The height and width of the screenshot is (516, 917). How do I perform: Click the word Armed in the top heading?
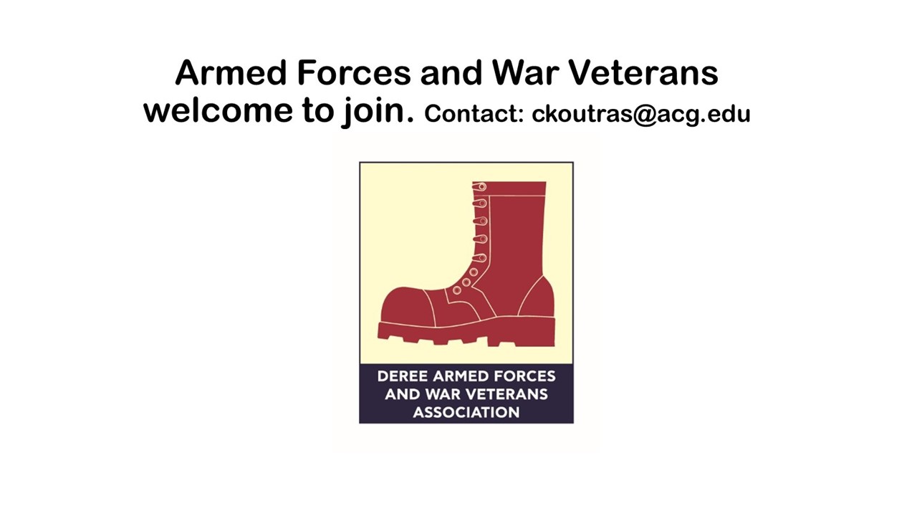pyautogui.click(x=231, y=72)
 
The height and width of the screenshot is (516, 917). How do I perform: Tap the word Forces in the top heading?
pyautogui.click(x=354, y=72)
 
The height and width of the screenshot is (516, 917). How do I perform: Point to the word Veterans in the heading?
pyautogui.click(x=644, y=72)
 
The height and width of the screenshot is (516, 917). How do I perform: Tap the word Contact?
pyautogui.click(x=474, y=113)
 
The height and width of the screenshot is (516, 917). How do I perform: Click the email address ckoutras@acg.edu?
pyautogui.click(x=640, y=114)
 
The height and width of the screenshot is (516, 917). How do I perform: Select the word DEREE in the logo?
pyautogui.click(x=403, y=376)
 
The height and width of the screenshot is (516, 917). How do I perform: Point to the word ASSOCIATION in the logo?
pyautogui.click(x=466, y=412)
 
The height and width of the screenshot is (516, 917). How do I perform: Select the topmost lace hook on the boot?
pyautogui.click(x=480, y=187)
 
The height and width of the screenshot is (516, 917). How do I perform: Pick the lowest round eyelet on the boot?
pyautogui.click(x=457, y=290)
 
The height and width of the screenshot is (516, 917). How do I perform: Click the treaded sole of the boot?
pyautogui.click(x=466, y=332)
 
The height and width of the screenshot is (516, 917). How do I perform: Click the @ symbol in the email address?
pyautogui.click(x=645, y=115)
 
